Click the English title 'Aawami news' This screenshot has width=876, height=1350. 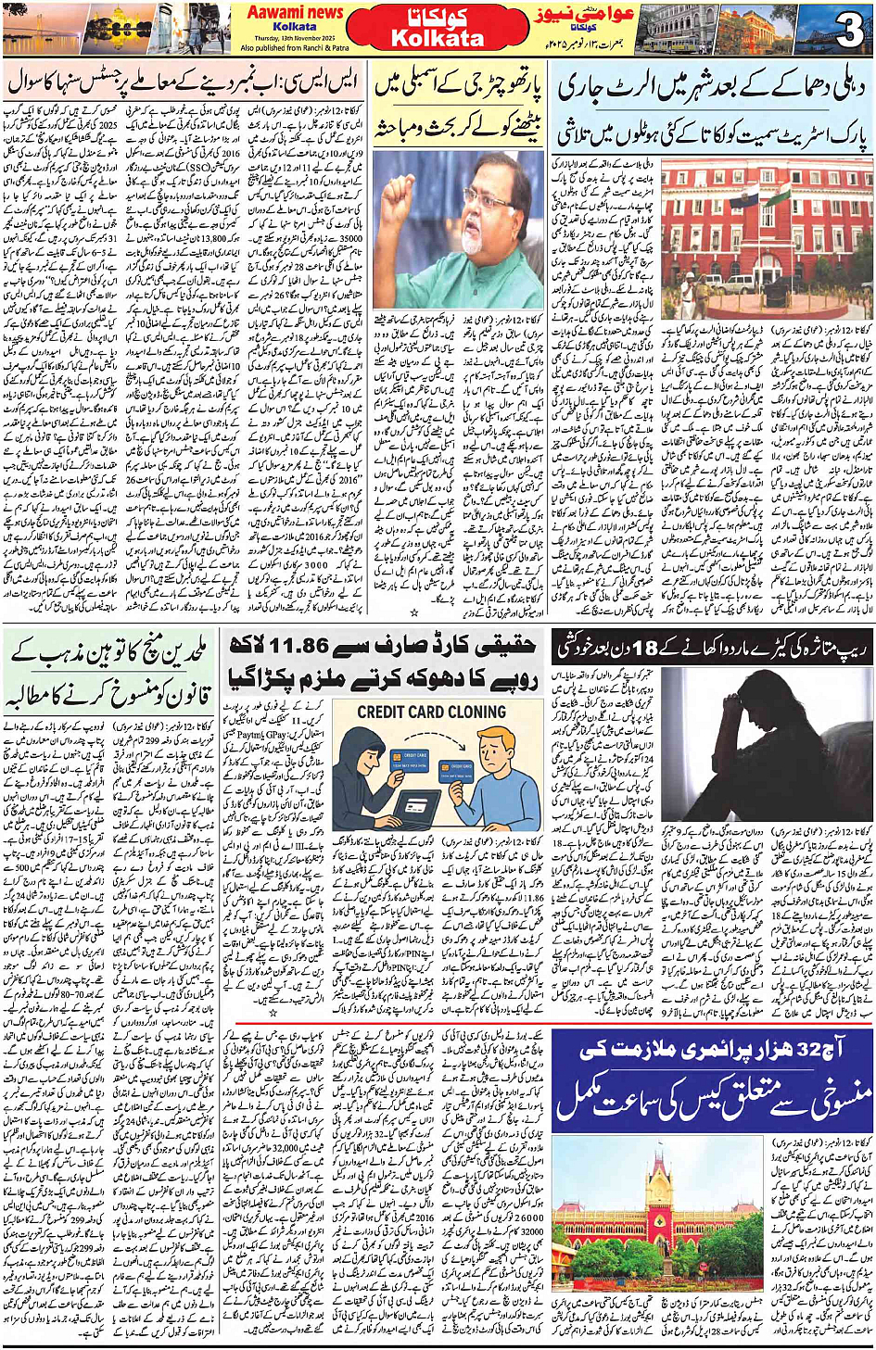click(x=295, y=12)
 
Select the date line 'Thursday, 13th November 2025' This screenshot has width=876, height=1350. click(x=295, y=37)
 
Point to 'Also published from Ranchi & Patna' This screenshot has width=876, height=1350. click(x=295, y=47)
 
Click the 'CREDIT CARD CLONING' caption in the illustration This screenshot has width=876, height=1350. click(x=431, y=713)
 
